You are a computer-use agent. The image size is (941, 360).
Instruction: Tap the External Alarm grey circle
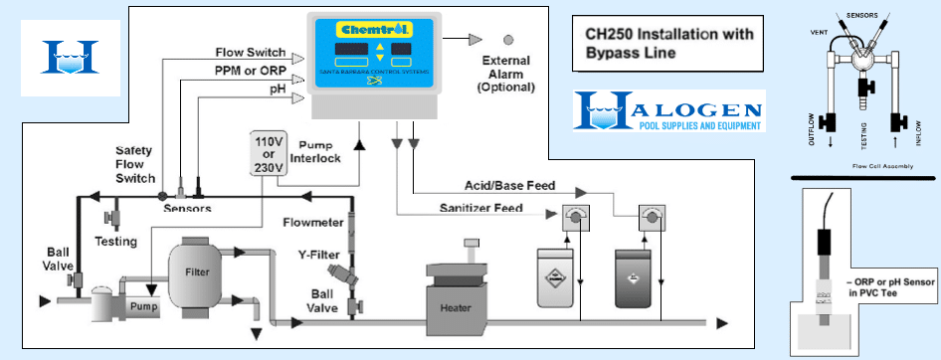[x=508, y=40]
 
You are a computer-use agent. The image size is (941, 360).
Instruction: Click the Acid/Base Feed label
[x=510, y=185]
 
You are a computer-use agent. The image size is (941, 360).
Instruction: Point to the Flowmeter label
[x=312, y=223]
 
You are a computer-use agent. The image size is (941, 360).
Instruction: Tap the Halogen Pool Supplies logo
[x=668, y=110]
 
